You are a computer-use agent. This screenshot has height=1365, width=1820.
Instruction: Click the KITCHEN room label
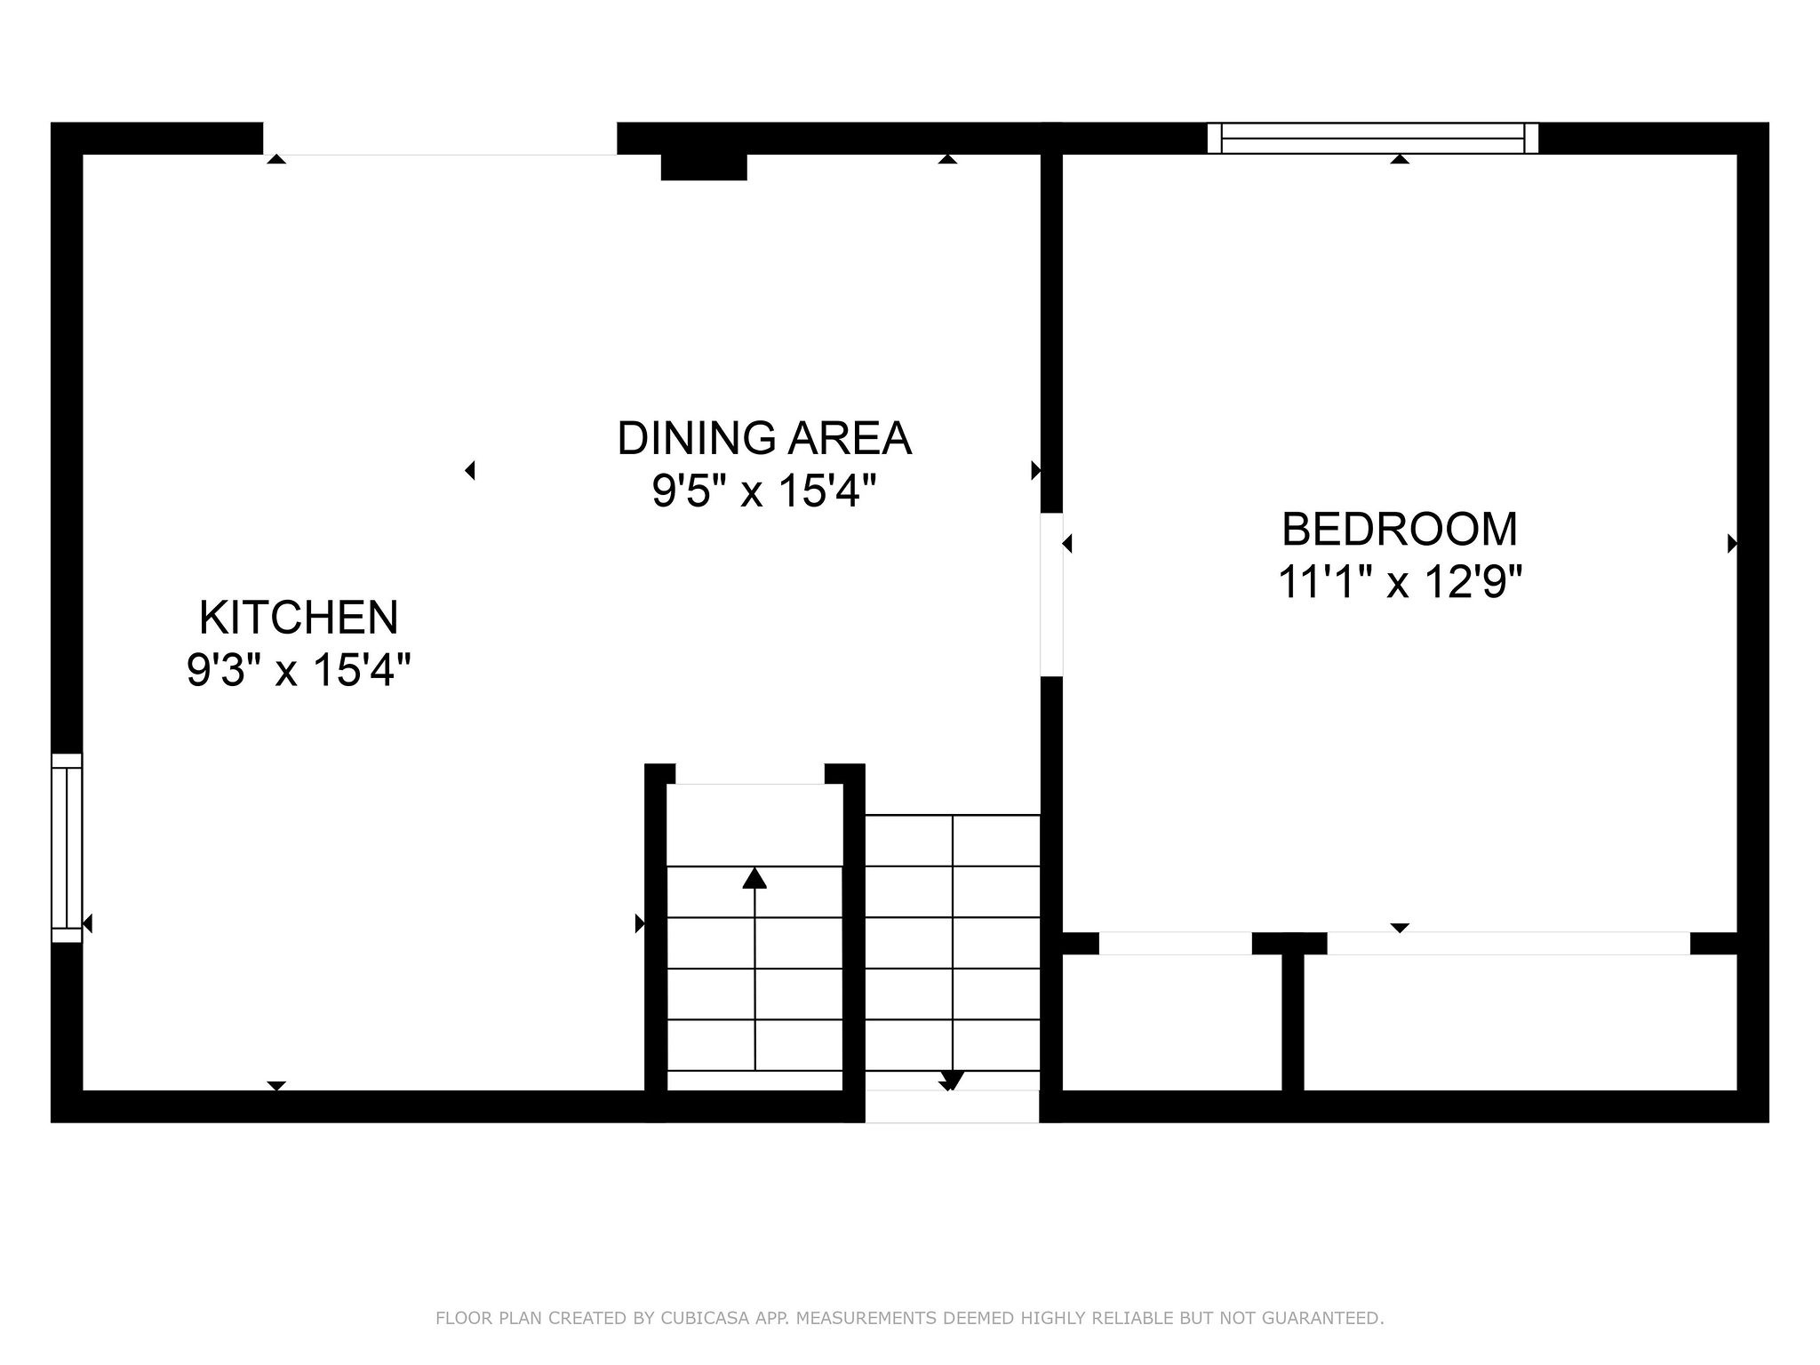299,618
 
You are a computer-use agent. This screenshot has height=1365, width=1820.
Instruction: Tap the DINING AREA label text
764,438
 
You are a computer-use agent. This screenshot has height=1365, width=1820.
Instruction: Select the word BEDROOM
1400,529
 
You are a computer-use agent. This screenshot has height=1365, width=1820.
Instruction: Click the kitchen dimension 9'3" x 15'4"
299,670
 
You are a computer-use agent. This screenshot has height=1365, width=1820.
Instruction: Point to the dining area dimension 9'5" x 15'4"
764,491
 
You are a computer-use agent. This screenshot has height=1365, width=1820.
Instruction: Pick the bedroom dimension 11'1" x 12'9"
1400,582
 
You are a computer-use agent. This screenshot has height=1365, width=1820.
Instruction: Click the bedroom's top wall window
1373,138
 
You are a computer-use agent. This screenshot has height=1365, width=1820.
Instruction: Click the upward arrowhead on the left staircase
754,878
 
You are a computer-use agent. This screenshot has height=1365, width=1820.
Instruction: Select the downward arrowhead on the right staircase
952,1081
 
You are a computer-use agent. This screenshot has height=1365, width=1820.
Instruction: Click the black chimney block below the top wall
704,167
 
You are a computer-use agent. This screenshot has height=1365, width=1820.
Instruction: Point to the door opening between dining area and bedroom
1051,595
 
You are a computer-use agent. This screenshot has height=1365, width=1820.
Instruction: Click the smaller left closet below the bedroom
1172,1023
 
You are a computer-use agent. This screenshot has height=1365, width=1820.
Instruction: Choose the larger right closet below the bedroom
1521,1023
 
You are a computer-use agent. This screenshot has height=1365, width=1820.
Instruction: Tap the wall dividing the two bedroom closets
1293,1022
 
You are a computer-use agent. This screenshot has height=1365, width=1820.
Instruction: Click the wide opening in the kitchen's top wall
440,139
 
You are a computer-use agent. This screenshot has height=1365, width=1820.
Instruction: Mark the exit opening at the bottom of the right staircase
952,1106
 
